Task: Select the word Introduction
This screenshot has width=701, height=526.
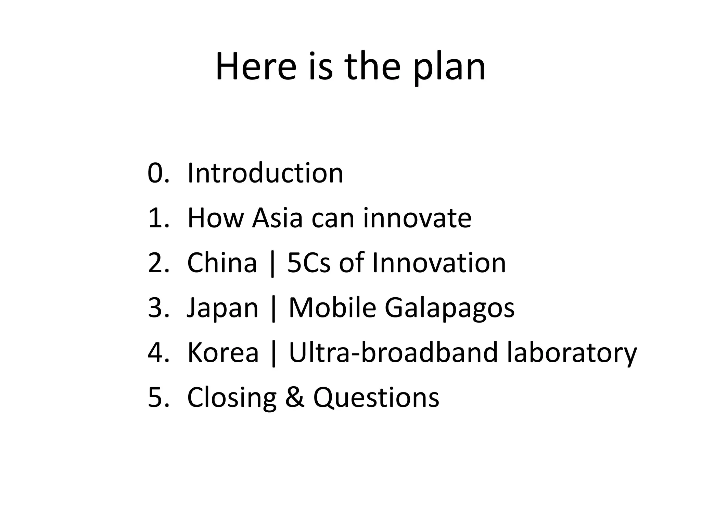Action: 265,173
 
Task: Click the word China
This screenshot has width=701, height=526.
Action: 222,263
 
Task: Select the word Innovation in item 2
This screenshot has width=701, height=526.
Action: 439,263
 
